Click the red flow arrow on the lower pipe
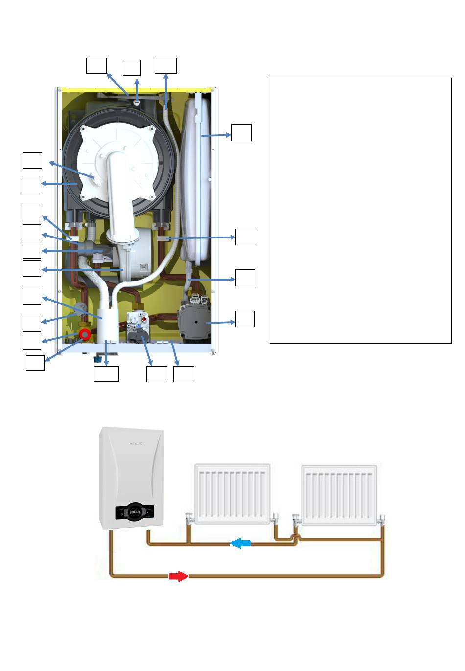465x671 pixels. [x=179, y=576]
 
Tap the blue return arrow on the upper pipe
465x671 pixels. [x=240, y=543]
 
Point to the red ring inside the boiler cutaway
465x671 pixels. [x=85, y=335]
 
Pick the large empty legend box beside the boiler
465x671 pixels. [x=360, y=210]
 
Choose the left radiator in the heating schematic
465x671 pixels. [x=232, y=494]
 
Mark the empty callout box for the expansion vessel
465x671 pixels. [x=241, y=132]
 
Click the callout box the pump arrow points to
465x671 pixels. [x=245, y=319]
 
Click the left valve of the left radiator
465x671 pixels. [x=189, y=517]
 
